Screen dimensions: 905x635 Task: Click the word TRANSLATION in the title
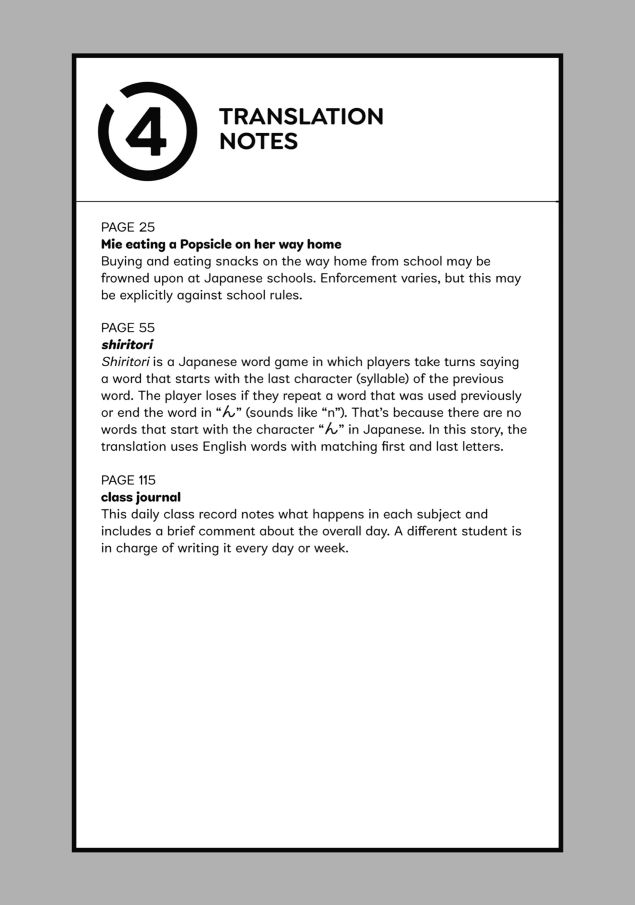coord(301,117)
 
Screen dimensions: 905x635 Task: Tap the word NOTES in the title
coord(259,141)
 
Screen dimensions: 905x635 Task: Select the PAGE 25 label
coord(128,227)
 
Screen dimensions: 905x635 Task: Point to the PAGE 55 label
coord(128,327)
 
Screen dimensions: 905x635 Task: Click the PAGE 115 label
coord(128,480)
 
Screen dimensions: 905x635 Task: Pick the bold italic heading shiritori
coord(127,345)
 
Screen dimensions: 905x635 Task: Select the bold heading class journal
coord(141,497)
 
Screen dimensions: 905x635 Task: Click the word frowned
coord(124,278)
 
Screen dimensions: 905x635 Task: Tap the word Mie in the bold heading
coord(109,244)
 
